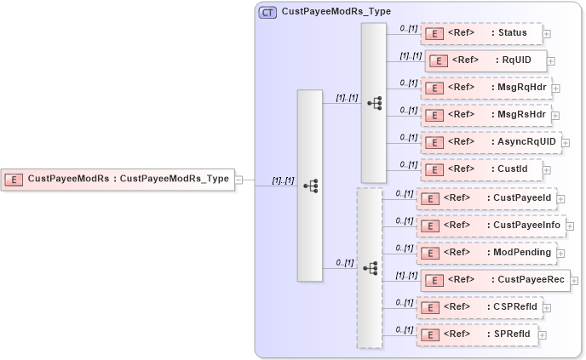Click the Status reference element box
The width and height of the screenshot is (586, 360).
(x=481, y=34)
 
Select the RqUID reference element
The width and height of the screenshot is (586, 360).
(x=485, y=60)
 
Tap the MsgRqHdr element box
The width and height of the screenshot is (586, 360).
(x=485, y=88)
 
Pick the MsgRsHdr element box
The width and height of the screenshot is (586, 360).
(x=485, y=114)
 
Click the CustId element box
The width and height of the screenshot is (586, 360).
(x=481, y=169)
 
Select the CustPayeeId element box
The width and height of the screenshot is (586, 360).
(x=485, y=198)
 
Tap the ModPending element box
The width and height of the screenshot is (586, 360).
(x=485, y=253)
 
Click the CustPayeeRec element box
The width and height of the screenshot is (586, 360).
(x=495, y=280)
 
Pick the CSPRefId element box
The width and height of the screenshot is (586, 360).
(x=481, y=307)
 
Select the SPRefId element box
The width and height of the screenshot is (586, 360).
(x=477, y=334)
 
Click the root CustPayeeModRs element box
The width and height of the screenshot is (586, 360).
(x=118, y=179)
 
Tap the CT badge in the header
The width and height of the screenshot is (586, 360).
(x=267, y=12)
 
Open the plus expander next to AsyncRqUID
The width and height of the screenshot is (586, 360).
(x=566, y=143)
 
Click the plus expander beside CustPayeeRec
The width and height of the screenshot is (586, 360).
(x=574, y=281)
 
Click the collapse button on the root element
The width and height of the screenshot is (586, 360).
(x=239, y=180)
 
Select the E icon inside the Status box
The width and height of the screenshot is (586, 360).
(x=435, y=34)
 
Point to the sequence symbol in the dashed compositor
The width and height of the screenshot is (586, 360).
(x=370, y=267)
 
